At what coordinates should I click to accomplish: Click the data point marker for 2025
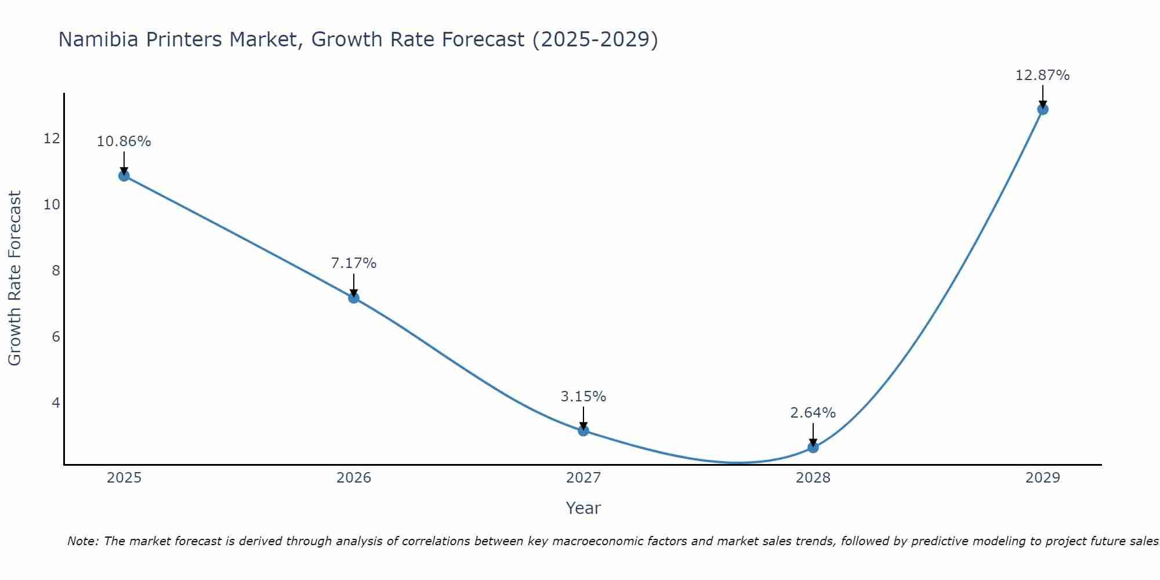pos(124,176)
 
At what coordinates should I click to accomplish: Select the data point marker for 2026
pos(354,298)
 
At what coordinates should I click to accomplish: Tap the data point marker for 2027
pos(583,430)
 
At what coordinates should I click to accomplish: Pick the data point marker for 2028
pos(813,447)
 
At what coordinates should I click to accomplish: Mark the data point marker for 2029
pos(1043,109)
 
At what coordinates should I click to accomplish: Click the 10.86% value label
pos(124,142)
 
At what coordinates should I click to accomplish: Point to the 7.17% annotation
pos(354,263)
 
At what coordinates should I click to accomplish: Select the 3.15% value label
pos(583,397)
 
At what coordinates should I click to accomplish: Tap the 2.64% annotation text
pos(813,413)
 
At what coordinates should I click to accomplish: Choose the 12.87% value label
pos(1043,75)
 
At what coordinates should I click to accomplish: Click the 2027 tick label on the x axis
pos(583,478)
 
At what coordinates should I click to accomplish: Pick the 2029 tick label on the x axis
pos(1043,478)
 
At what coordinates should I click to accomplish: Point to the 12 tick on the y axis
pos(52,138)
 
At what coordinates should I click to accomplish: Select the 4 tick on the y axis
pos(56,403)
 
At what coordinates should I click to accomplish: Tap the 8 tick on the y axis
pos(56,270)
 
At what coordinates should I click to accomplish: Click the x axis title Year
pos(583,508)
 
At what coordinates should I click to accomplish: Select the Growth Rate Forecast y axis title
pos(14,278)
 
